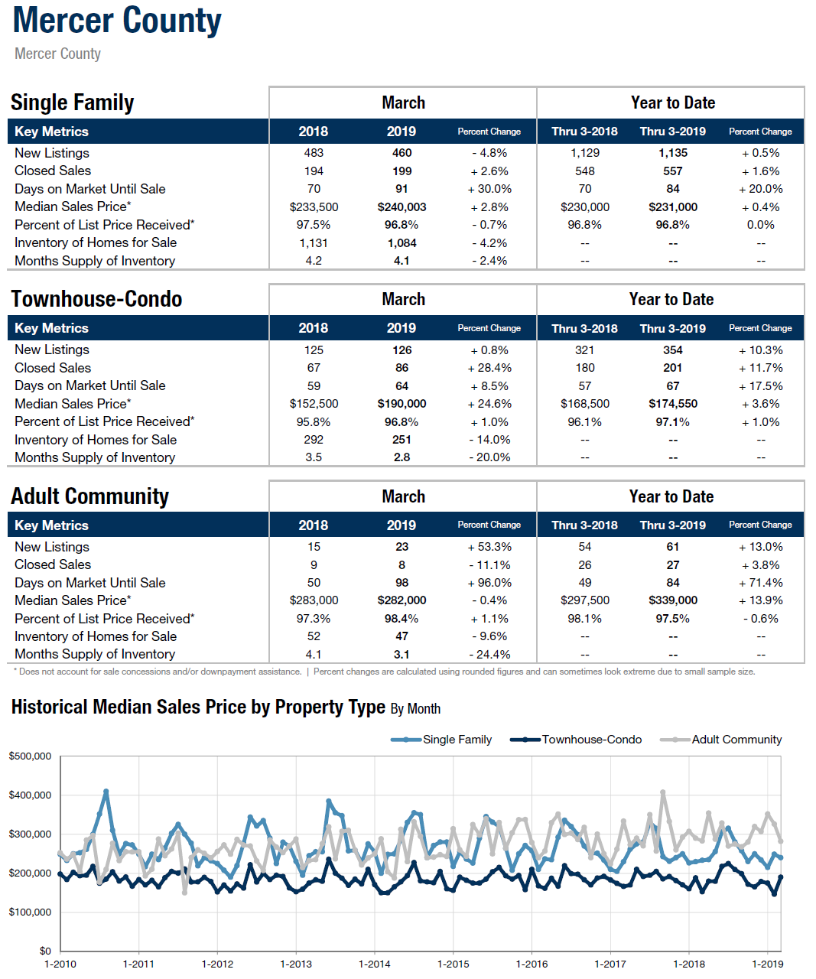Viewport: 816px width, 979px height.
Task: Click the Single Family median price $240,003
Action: [401, 207]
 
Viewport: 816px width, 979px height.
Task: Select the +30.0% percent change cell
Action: [489, 189]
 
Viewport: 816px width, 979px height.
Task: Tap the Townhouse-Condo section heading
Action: [96, 298]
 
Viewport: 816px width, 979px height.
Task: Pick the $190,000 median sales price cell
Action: [401, 404]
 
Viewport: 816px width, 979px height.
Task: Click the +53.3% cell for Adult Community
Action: [489, 547]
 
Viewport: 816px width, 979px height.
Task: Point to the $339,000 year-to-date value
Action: [672, 600]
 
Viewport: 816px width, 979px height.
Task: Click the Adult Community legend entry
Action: [721, 740]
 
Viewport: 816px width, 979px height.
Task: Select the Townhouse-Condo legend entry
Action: [576, 740]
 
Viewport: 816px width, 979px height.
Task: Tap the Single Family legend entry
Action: [441, 740]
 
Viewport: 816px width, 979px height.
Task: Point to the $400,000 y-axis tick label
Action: [30, 795]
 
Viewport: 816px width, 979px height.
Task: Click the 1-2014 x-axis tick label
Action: [374, 964]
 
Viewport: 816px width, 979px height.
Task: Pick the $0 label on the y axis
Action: [45, 951]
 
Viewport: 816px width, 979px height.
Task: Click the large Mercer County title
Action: [117, 21]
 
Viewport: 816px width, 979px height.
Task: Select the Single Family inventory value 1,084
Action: [401, 243]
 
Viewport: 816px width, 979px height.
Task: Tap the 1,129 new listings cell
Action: [584, 153]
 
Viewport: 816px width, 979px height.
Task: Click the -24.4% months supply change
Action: [489, 654]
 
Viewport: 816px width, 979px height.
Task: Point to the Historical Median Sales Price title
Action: [226, 707]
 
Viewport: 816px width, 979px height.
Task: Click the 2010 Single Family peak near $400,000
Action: [106, 791]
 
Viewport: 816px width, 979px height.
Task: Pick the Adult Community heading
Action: [89, 496]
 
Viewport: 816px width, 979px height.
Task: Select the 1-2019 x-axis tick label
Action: [767, 964]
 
